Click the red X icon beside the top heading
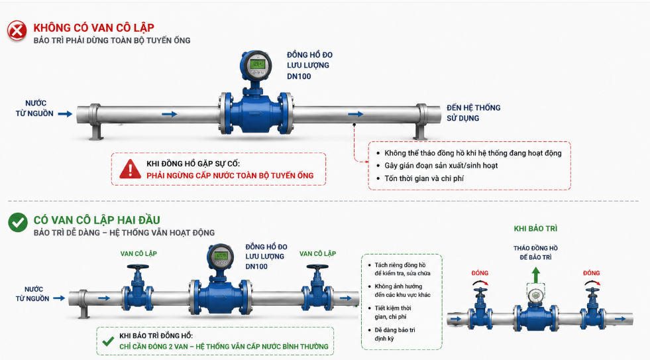click(x=17, y=30)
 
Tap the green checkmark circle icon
click(x=18, y=222)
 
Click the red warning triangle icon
click(x=130, y=169)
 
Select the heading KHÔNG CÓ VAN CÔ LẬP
click(x=93, y=28)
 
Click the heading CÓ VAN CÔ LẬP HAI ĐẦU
click(x=97, y=220)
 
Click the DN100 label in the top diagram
click(x=299, y=76)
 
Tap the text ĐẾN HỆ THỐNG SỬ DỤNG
click(x=473, y=113)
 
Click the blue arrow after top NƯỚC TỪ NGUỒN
click(x=65, y=113)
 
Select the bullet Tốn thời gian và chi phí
click(x=424, y=178)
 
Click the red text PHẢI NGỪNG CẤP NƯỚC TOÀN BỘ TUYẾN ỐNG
click(x=230, y=176)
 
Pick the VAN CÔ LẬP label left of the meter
click(x=138, y=253)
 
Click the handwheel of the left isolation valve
click(x=138, y=267)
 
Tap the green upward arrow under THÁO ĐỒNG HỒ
click(x=536, y=275)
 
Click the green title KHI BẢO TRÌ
click(x=535, y=229)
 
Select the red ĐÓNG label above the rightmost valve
click(x=592, y=273)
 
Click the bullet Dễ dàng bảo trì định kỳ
click(x=395, y=334)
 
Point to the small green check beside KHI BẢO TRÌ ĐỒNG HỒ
click(x=108, y=341)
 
